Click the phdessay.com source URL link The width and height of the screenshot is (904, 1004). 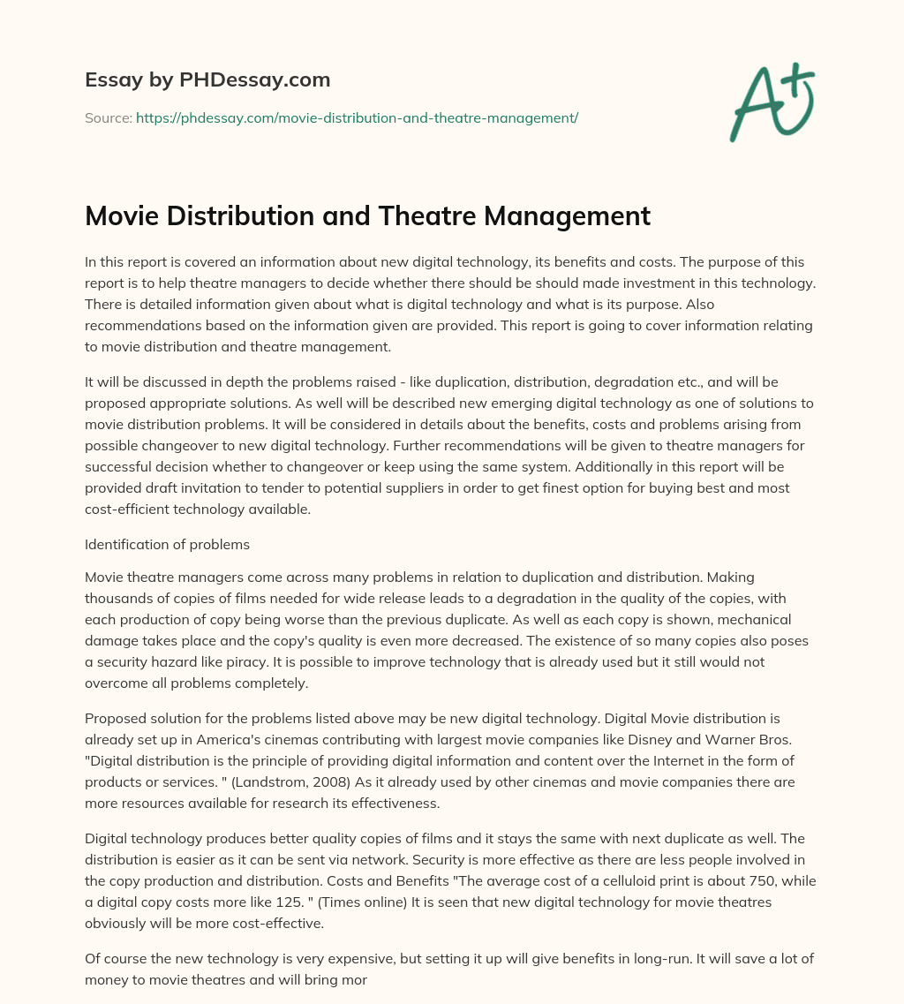tap(357, 117)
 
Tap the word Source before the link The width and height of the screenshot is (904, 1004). tap(107, 117)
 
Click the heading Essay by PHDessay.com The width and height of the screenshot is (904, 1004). tap(207, 79)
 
